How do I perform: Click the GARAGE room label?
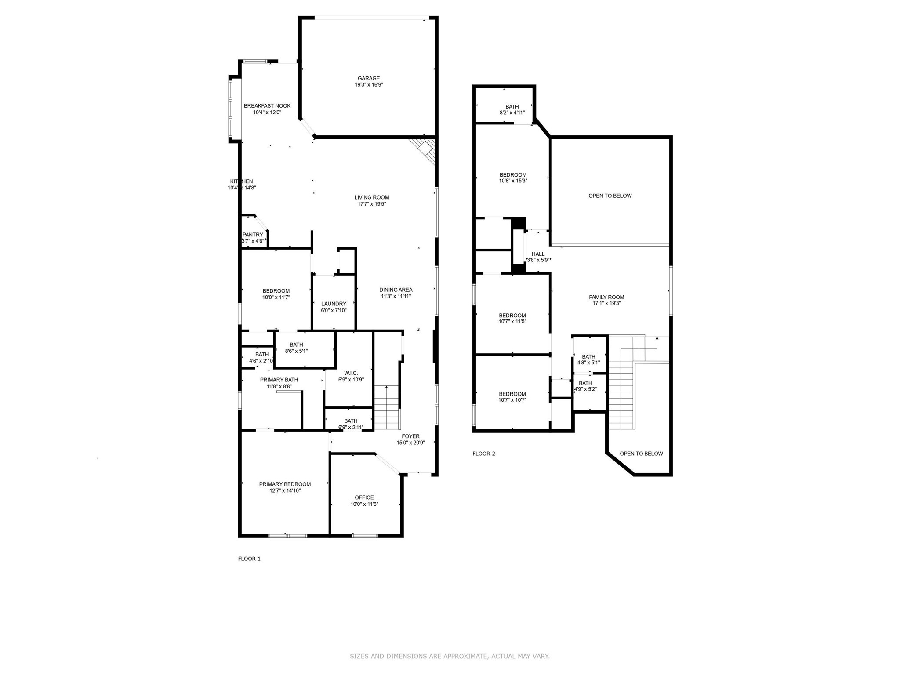pos(368,79)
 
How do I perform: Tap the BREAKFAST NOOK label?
pos(267,106)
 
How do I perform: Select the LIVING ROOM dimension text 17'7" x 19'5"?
pos(371,204)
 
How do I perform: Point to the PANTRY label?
pos(253,235)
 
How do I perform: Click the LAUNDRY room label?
pos(334,304)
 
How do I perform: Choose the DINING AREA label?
pos(396,290)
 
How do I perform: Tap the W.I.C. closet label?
pos(351,373)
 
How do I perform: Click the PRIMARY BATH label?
pos(279,380)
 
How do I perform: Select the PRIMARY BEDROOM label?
pos(285,484)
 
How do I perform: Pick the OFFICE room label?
pos(364,497)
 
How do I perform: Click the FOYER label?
pos(410,436)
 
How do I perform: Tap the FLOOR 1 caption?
pos(249,559)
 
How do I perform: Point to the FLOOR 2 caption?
pos(483,454)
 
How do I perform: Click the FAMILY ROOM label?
pos(606,297)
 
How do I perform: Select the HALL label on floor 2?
pos(538,254)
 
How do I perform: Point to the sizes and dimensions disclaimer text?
pos(450,656)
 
